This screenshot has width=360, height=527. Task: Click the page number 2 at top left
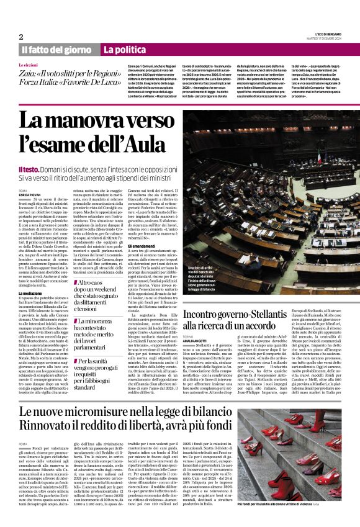coord(21,37)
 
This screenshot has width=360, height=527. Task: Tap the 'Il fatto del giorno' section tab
coord(57,49)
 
